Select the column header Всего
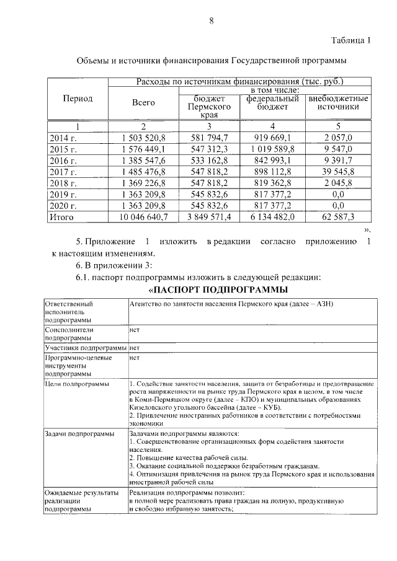143,103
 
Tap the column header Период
78,99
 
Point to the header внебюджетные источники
338,103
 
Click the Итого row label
61,217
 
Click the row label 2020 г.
63,206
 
